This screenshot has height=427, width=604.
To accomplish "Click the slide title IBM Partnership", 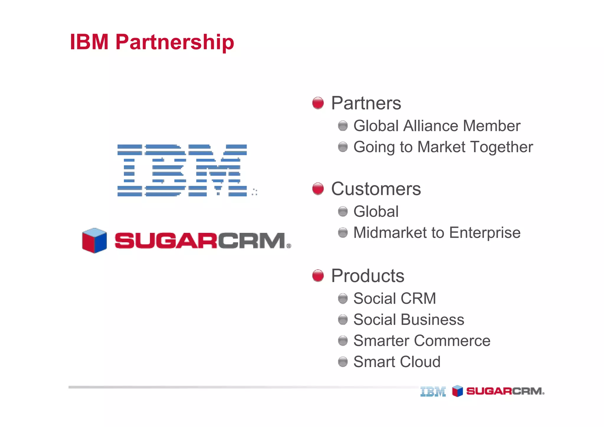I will click(x=152, y=42).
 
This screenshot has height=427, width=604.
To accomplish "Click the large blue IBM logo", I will click(x=182, y=170).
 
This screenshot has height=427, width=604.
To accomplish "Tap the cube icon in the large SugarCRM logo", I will click(x=94, y=241).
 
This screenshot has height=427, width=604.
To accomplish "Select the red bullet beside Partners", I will click(x=318, y=103).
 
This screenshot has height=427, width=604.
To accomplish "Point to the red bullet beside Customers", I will click(x=318, y=189).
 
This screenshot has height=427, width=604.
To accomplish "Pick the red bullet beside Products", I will click(x=318, y=276).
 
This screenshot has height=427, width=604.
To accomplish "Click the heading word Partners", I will click(x=366, y=103).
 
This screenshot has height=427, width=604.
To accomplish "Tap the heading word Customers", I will click(x=376, y=189).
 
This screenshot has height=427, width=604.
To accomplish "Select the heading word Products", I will click(x=368, y=276).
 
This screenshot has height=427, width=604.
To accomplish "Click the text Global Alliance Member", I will click(x=437, y=126).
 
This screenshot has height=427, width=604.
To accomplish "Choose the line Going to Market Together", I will click(x=443, y=147).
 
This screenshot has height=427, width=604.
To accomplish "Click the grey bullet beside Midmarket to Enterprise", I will click(x=343, y=233).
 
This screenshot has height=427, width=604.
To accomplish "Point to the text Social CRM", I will click(x=395, y=298).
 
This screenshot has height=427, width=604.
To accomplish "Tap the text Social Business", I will click(x=409, y=320).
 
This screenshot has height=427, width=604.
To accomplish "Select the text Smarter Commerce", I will click(x=422, y=341).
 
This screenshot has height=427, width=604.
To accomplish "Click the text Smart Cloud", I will click(x=397, y=362).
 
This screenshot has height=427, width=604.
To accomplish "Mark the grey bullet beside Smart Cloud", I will click(x=343, y=362).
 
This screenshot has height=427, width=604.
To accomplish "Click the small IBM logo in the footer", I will click(x=433, y=392).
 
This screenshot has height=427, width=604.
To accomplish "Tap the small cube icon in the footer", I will click(x=457, y=391).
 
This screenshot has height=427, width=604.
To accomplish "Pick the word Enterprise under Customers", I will click(x=485, y=233).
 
